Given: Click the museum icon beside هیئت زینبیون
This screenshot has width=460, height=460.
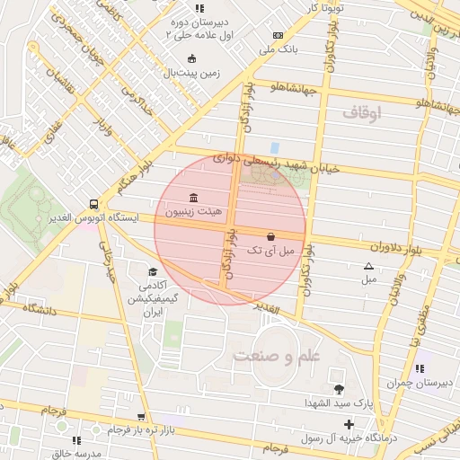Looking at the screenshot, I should tap(194, 198).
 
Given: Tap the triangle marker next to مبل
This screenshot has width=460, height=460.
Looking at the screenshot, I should tap(367, 266).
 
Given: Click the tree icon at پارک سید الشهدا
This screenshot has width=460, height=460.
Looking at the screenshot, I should tap(338, 389).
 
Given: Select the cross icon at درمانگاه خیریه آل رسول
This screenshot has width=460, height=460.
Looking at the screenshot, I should tap(349, 423).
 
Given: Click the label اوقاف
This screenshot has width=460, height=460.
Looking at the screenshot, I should tap(362, 113).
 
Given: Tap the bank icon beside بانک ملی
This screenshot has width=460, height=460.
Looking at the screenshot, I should tap(277, 35).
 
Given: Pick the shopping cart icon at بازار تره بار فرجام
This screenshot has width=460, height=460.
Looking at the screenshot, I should tap(140, 417).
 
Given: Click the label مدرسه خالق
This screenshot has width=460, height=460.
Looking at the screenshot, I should tap(53, 454).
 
